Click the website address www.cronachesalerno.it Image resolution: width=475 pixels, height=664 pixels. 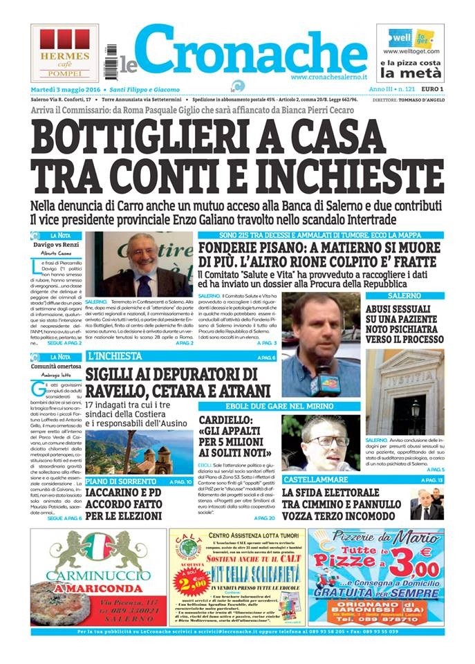tap(328, 77)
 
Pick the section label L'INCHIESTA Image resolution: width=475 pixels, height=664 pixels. tap(115, 356)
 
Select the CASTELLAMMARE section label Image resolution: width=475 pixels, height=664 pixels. tap(313, 479)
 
